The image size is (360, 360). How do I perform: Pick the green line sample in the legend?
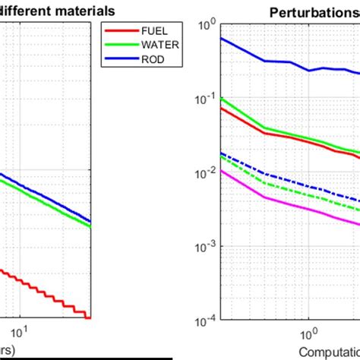116,45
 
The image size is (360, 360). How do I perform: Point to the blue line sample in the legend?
116,57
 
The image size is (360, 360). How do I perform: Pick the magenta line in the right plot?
289,204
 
